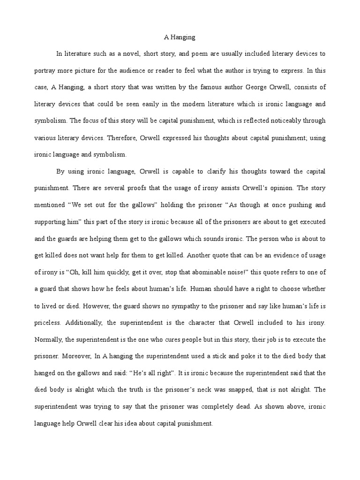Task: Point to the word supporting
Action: tap(52, 221)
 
